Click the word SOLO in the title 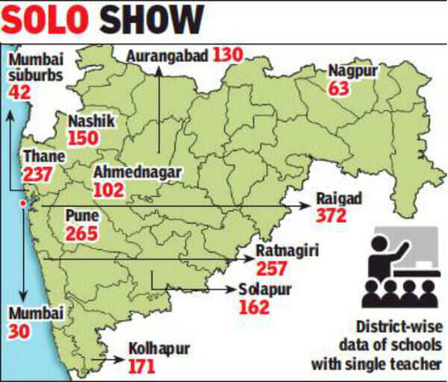pyautogui.click(x=48, y=20)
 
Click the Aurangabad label pyautogui.click(x=167, y=55)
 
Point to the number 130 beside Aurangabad pyautogui.click(x=228, y=55)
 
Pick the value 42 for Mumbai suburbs pyautogui.click(x=19, y=90)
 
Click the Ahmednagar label pyautogui.click(x=137, y=172)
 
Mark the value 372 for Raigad pyautogui.click(x=332, y=216)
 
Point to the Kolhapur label pyautogui.click(x=159, y=348)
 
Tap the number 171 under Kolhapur pyautogui.click(x=144, y=366)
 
